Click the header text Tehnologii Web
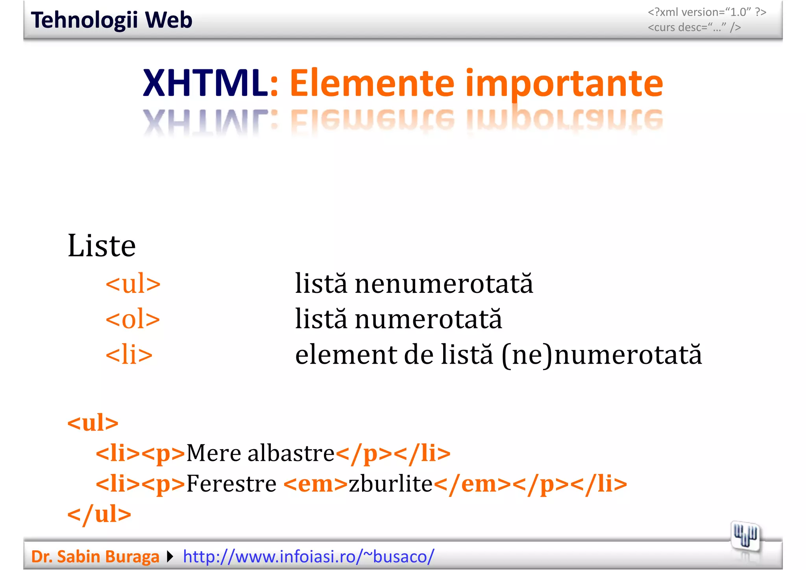111,20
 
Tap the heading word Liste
102,246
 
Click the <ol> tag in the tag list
133,319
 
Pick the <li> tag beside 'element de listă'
129,354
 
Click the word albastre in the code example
291,453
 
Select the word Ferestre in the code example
231,484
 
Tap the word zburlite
390,484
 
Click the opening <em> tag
315,484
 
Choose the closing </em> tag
472,484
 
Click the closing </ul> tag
99,514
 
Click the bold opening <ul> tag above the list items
93,423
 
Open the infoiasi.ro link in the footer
309,557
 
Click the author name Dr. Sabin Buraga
95,557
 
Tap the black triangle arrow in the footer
170,557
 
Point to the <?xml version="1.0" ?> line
707,12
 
